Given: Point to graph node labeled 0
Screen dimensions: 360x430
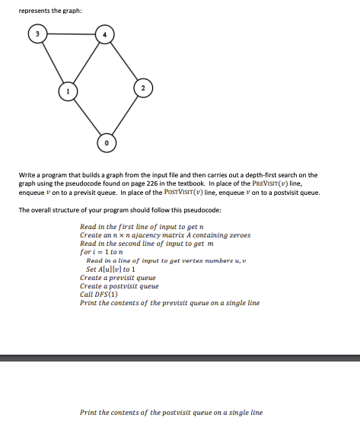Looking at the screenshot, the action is tap(107, 142).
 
